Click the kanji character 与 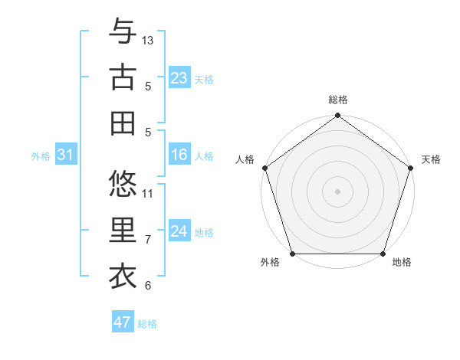123,31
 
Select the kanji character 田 123,123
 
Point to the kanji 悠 123,184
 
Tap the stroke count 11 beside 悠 148,193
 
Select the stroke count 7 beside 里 148,240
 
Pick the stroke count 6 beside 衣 148,286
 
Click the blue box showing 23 179,78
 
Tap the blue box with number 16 179,155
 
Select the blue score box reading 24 179,231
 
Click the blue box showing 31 65,155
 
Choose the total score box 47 123,322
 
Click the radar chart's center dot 337,191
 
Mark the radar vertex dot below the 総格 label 337,116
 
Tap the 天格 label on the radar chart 432,159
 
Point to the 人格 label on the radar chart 245,159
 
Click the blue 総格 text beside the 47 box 147,324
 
